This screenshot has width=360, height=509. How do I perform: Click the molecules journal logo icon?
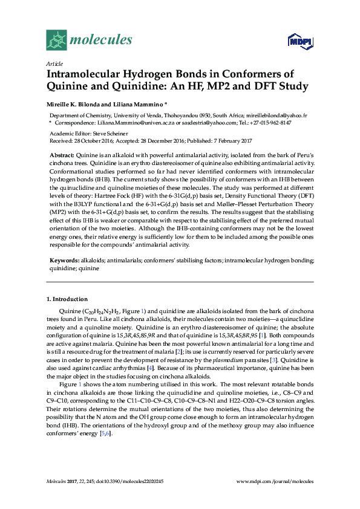pos(56,40)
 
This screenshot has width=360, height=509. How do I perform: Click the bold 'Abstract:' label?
pos(62,155)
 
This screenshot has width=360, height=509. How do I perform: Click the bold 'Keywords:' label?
pos(64,259)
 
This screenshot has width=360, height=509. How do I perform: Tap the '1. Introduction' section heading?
pos(67,299)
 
